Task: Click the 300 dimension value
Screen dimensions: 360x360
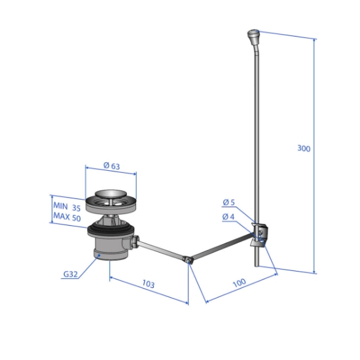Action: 304,149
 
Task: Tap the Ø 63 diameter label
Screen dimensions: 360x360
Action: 112,166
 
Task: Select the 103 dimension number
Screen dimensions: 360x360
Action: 149,284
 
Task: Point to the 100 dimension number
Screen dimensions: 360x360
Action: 239,283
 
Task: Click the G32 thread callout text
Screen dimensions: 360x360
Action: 71,274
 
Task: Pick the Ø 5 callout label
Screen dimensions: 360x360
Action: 229,202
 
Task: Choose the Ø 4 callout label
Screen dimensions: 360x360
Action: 228,217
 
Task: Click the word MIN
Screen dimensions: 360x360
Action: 61,206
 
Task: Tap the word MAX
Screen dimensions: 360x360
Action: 62,216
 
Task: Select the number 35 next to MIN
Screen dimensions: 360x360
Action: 77,207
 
